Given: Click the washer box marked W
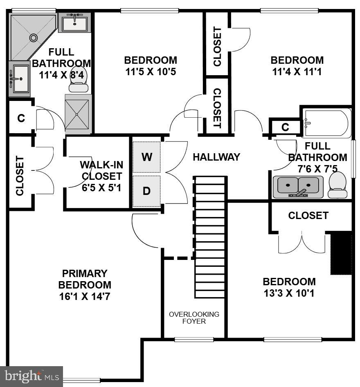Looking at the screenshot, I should [146, 157].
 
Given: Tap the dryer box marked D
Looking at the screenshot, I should [146, 191].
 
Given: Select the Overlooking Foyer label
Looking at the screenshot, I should [194, 318].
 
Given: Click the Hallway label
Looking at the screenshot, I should [216, 157].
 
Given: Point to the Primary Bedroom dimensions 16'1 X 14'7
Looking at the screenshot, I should [85, 296].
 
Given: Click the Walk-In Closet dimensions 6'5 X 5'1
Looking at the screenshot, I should [101, 188].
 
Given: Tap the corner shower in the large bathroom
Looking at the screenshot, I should [32, 36].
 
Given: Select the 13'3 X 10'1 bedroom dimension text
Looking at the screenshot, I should [289, 293].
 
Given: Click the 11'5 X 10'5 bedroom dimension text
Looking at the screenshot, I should [151, 72].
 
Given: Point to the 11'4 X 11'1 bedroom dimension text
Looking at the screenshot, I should [297, 72].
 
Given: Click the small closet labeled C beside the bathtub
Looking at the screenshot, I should [285, 128].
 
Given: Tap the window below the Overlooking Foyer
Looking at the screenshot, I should [194, 339].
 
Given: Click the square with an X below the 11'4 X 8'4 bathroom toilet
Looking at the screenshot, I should [78, 114].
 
